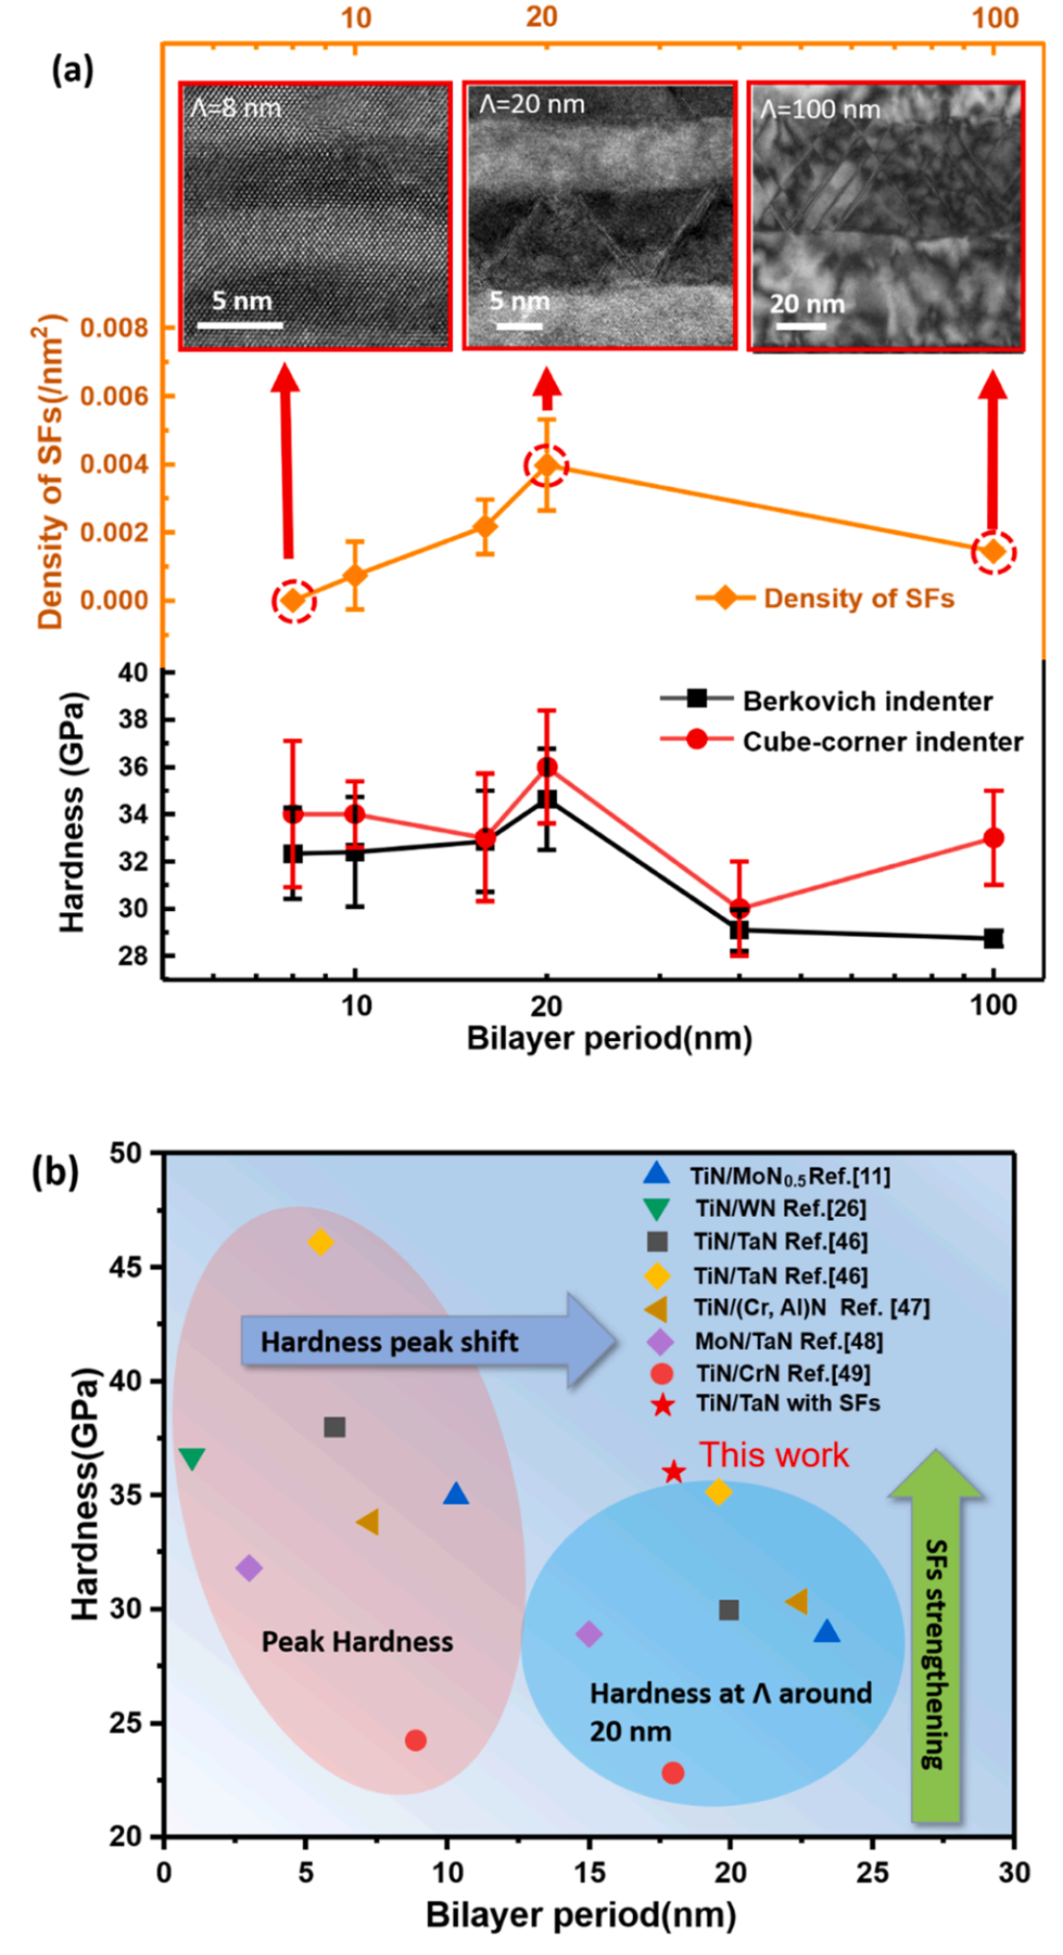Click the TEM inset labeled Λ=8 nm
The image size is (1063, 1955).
coord(315,215)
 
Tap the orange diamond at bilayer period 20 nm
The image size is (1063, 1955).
coord(546,465)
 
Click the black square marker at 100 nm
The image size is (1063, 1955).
coord(994,939)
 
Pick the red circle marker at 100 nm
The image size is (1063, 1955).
coord(994,838)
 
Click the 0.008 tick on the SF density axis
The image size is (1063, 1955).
coord(113,328)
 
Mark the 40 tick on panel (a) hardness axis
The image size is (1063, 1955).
coord(133,673)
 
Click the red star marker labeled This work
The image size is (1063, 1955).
coord(673,1472)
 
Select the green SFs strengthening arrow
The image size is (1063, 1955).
coord(935,1633)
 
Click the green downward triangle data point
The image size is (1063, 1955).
coord(192,1459)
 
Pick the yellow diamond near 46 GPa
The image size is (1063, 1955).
coord(321,1243)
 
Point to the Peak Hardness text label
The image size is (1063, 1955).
coord(357,1641)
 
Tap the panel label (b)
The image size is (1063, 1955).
coord(55,1173)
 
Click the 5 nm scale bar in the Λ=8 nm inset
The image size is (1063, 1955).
coord(247,325)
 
